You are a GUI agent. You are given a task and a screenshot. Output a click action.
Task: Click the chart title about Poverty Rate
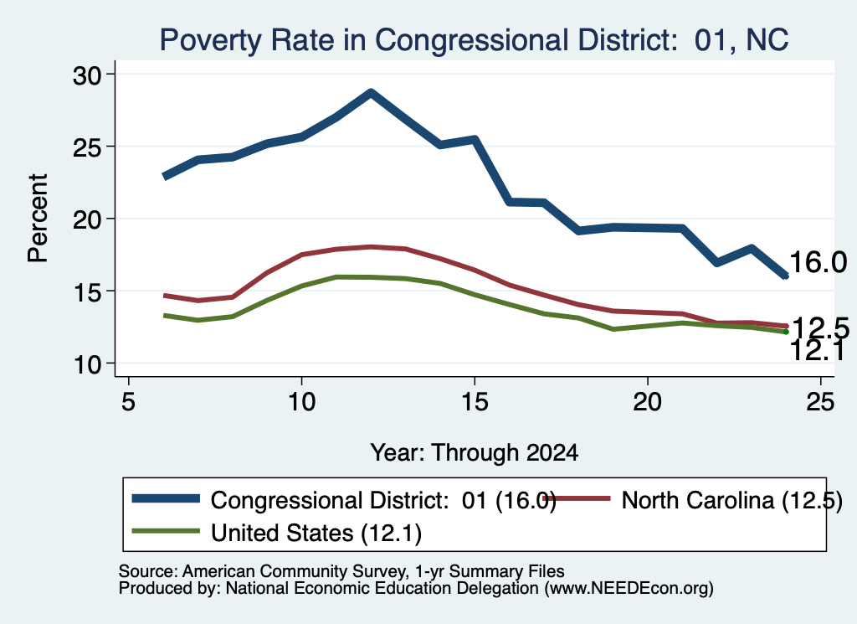[474, 40]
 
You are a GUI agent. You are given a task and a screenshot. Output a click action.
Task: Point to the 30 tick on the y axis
[87, 75]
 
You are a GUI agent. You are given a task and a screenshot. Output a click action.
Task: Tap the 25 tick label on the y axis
[87, 147]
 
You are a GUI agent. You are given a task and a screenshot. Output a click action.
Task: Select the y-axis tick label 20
[87, 219]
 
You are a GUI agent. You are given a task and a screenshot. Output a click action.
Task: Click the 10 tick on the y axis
[87, 364]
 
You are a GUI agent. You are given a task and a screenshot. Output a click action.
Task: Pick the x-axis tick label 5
[128, 402]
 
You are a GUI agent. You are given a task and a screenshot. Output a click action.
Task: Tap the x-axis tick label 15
[475, 402]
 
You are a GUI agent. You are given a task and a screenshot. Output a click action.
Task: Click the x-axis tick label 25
[820, 402]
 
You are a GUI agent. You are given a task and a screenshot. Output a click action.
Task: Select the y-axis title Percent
[38, 219]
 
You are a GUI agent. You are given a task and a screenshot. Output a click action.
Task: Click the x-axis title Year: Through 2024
[474, 453]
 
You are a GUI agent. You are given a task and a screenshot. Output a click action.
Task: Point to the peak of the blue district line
[371, 92]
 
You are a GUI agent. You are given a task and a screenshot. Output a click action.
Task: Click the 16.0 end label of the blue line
[819, 262]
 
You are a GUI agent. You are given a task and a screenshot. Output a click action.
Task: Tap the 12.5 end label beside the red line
[820, 328]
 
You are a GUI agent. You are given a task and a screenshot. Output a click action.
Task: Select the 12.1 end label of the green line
[817, 351]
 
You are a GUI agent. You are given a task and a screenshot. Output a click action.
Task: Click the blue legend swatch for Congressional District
[167, 498]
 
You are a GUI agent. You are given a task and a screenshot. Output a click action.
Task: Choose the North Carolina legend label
[731, 500]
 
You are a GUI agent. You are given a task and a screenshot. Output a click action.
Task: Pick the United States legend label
[316, 534]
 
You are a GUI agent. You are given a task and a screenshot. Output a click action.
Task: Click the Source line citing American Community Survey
[341, 571]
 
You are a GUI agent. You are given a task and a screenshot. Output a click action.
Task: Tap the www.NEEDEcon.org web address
[629, 589]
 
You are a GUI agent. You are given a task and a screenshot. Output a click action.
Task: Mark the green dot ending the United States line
[786, 332]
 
